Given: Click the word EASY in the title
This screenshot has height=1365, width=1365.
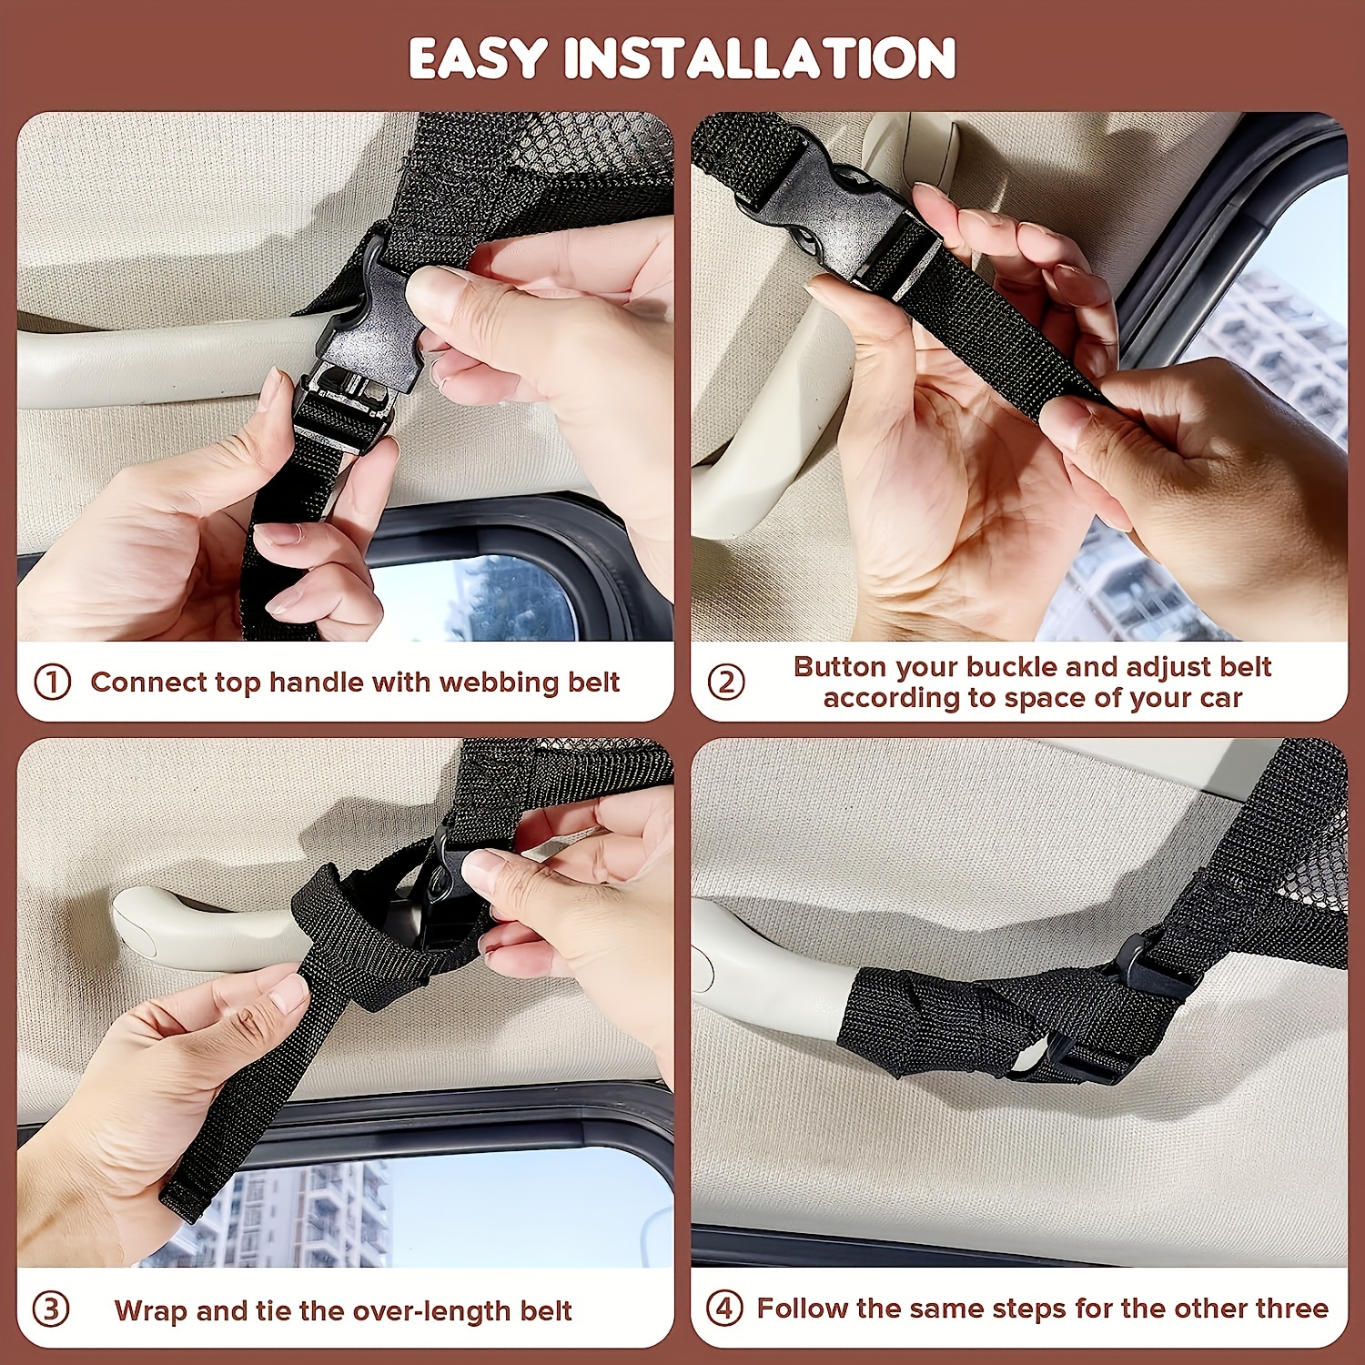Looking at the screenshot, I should point(477,59).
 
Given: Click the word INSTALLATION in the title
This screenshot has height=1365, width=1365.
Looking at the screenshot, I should point(759,59).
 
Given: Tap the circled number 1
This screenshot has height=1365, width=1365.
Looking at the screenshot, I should point(52,682).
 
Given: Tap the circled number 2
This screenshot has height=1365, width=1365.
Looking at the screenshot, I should point(726,682).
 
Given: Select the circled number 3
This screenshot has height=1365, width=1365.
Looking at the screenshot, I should point(51,1310).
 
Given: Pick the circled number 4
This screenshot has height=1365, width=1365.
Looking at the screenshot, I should point(724,1309).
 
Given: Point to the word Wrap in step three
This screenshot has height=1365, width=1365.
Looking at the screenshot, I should point(151,1311).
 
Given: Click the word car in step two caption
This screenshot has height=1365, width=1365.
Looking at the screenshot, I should point(1222,699).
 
